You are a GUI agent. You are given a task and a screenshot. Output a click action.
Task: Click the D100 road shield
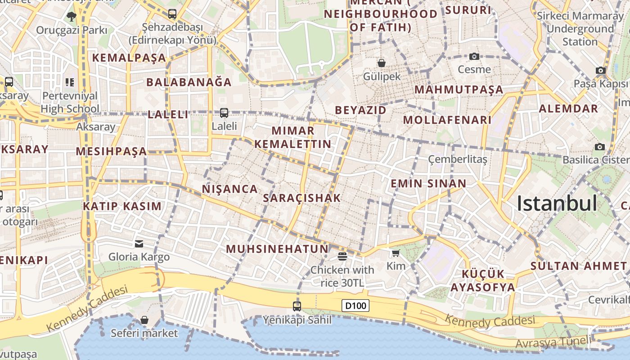pos(355,306)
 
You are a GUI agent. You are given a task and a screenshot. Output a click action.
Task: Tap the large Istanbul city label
pos(557,203)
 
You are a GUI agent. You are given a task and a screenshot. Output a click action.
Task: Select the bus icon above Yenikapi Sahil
pos(297,306)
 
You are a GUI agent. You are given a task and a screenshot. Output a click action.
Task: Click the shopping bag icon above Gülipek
pos(382,63)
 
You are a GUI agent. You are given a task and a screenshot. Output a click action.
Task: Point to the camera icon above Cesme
pos(474,56)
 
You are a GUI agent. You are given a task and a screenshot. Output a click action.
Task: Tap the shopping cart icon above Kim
pos(396,253)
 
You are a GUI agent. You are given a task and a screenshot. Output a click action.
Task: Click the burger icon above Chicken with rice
pos(342,256)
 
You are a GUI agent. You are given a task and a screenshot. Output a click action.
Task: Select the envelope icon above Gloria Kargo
pos(139,244)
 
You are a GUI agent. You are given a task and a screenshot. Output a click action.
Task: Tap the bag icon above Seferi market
pos(144,320)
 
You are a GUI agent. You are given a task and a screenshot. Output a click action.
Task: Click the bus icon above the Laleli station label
pos(224,113)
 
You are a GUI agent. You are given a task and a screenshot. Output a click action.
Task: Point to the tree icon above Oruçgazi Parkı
pos(71,17)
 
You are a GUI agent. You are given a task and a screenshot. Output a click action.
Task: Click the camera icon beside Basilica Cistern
pos(600,147)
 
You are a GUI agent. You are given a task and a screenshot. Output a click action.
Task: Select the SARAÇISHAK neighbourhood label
pos(302,198)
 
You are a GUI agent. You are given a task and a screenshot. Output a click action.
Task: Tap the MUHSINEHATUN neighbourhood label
pos(277,249)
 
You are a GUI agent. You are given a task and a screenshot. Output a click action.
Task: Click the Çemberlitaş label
pos(458,159)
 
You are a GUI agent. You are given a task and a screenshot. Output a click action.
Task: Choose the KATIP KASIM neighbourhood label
pos(122,207)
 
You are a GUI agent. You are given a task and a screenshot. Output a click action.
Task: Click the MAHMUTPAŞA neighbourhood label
pos(459,90)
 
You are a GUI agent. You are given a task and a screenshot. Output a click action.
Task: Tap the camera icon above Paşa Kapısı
pos(600,70)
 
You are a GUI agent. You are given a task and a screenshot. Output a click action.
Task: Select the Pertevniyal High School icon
pos(69,82)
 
